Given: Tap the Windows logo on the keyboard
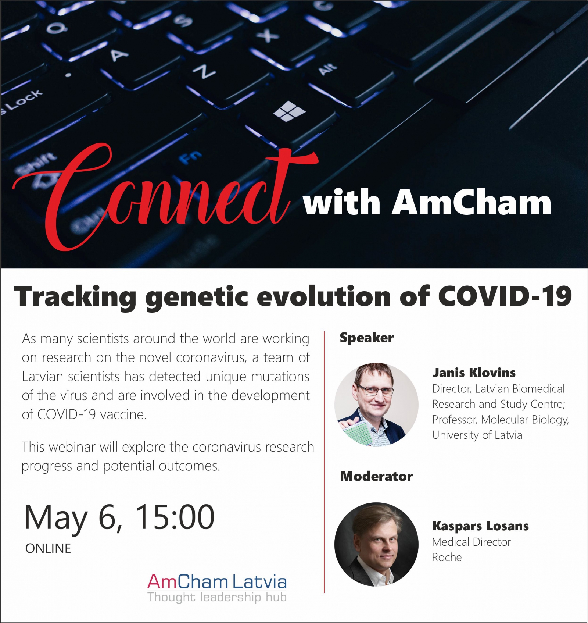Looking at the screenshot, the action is [290, 111].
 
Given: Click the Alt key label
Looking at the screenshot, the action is [328, 69].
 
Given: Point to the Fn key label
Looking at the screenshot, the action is [191, 157].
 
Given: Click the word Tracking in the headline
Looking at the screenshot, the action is [75, 298].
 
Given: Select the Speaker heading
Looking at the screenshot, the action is [366, 338].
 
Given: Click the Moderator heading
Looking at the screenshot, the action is [376, 476].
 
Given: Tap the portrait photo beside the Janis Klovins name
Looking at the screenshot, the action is [376, 405].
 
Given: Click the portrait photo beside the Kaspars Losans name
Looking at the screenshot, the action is [376, 544].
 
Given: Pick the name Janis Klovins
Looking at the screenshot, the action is [474, 373].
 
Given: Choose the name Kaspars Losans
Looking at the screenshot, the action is [480, 526].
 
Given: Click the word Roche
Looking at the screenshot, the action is [447, 558].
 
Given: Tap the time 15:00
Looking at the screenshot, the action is [175, 517].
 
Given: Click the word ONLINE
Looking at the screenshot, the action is [48, 548].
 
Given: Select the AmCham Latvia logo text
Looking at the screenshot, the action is [217, 582].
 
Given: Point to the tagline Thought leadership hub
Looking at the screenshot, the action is [217, 597].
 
